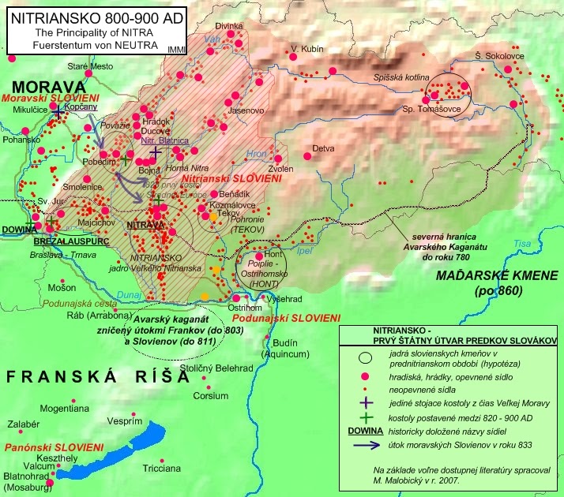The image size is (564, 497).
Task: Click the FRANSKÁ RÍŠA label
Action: tap(96, 376)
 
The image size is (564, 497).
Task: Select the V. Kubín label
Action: tap(307, 49)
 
